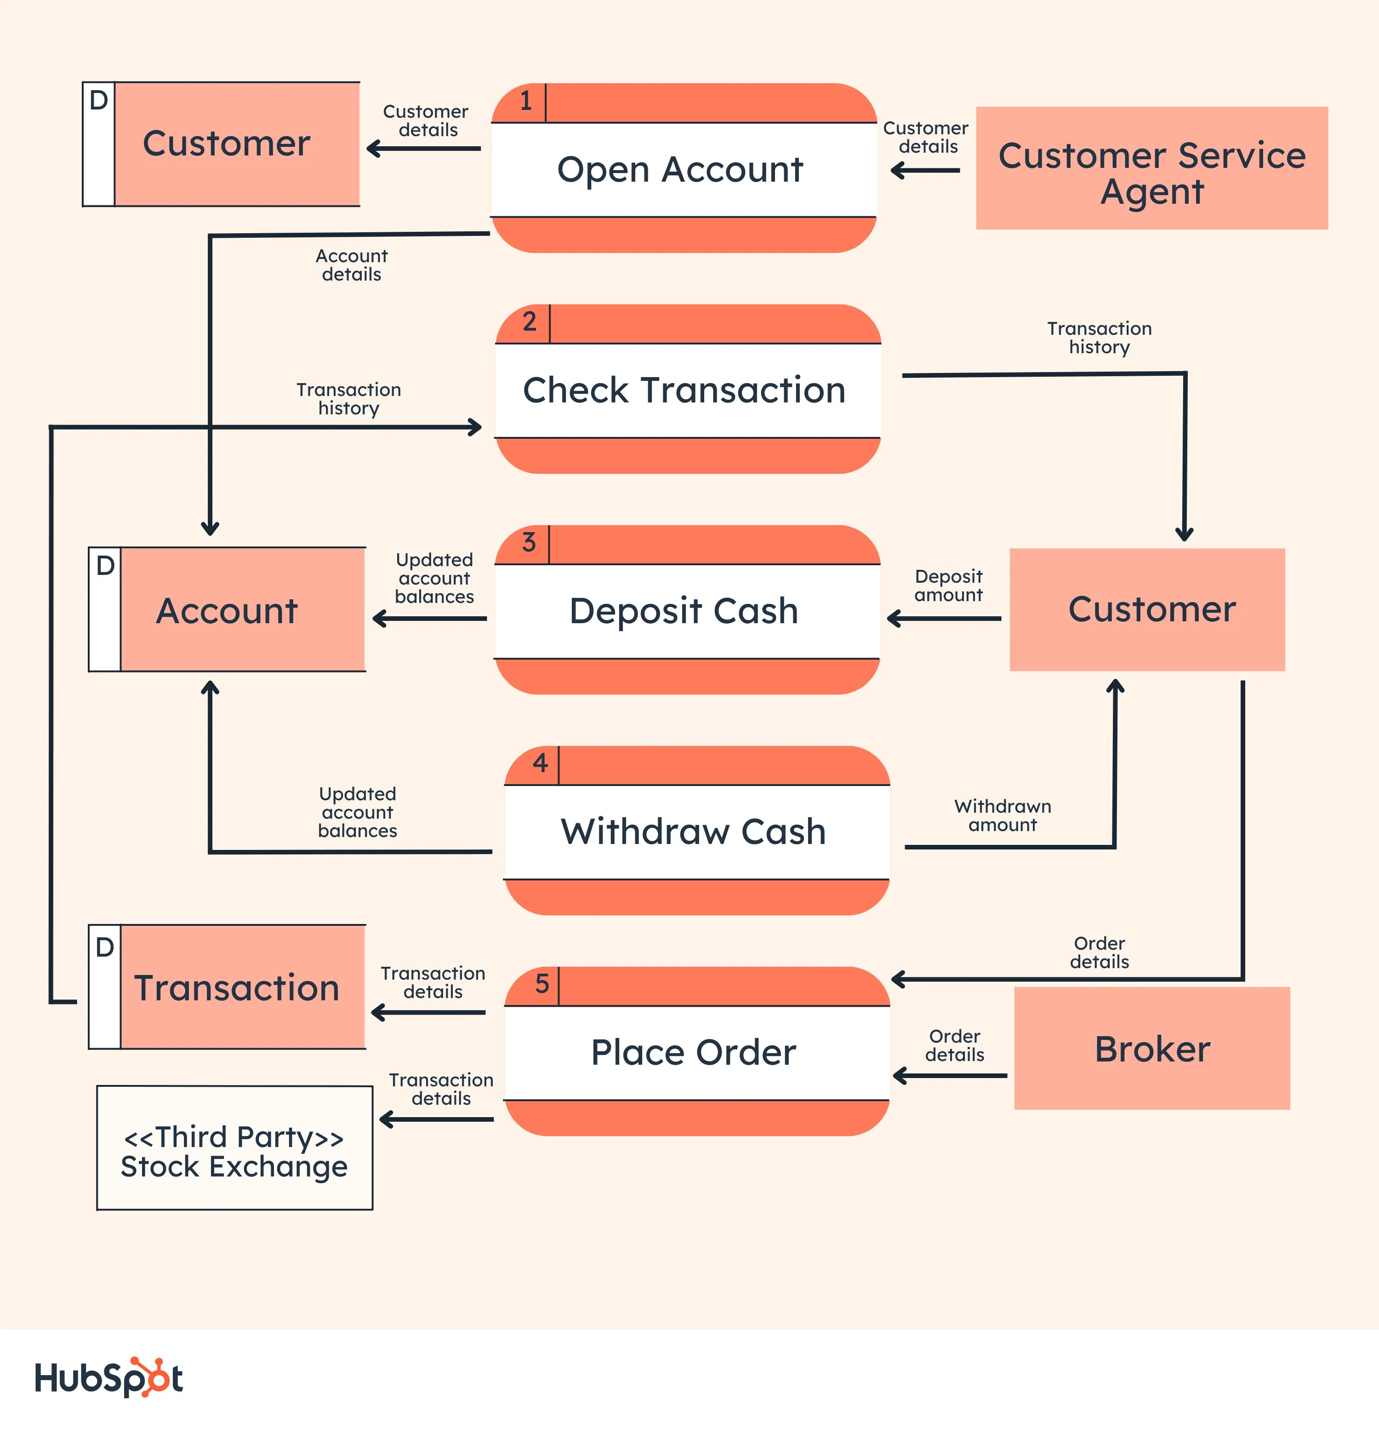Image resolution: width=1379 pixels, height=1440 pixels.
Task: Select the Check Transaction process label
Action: coord(684,390)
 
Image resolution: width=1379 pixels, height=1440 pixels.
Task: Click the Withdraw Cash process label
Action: coord(693,832)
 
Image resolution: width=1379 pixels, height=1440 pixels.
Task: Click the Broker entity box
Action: coord(1151,1049)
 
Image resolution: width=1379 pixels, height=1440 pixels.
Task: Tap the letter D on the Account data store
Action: coord(105,566)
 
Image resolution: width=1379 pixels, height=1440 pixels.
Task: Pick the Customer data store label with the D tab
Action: coord(226,143)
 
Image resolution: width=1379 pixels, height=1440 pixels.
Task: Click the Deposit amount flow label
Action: coord(948,585)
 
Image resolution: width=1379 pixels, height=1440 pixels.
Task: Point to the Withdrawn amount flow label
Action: coord(1003,815)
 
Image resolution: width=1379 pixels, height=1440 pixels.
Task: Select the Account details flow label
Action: coord(351,265)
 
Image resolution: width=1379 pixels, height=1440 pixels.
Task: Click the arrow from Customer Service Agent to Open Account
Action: coord(925,171)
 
